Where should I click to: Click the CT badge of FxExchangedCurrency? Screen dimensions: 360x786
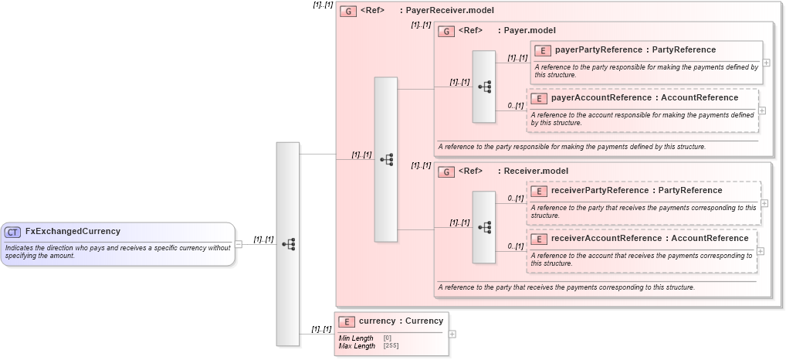click(x=13, y=232)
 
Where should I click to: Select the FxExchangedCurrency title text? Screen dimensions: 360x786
click(x=73, y=231)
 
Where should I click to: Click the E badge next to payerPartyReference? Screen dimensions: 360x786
click(x=543, y=50)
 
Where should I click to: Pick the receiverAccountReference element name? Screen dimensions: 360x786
click(x=602, y=238)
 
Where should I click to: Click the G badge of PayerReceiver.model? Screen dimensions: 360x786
click(x=348, y=11)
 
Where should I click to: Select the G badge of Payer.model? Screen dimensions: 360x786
click(x=446, y=31)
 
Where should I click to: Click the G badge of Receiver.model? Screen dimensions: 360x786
click(x=446, y=172)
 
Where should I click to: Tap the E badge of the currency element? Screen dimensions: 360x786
click(x=347, y=321)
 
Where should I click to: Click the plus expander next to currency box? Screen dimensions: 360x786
click(x=452, y=335)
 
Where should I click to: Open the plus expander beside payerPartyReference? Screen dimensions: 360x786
click(x=766, y=63)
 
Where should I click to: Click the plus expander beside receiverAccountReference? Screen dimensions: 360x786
click(x=761, y=250)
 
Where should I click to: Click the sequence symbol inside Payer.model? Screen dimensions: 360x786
click(x=484, y=87)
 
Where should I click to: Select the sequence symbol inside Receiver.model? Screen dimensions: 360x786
click(x=484, y=228)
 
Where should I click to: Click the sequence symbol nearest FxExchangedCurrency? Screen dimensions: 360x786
click(x=288, y=244)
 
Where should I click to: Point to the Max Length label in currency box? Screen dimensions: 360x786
click(x=357, y=346)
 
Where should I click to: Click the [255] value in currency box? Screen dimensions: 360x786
click(x=391, y=346)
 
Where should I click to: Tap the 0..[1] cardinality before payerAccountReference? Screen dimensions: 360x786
click(x=515, y=106)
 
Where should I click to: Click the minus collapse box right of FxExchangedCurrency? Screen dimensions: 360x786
click(x=239, y=244)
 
